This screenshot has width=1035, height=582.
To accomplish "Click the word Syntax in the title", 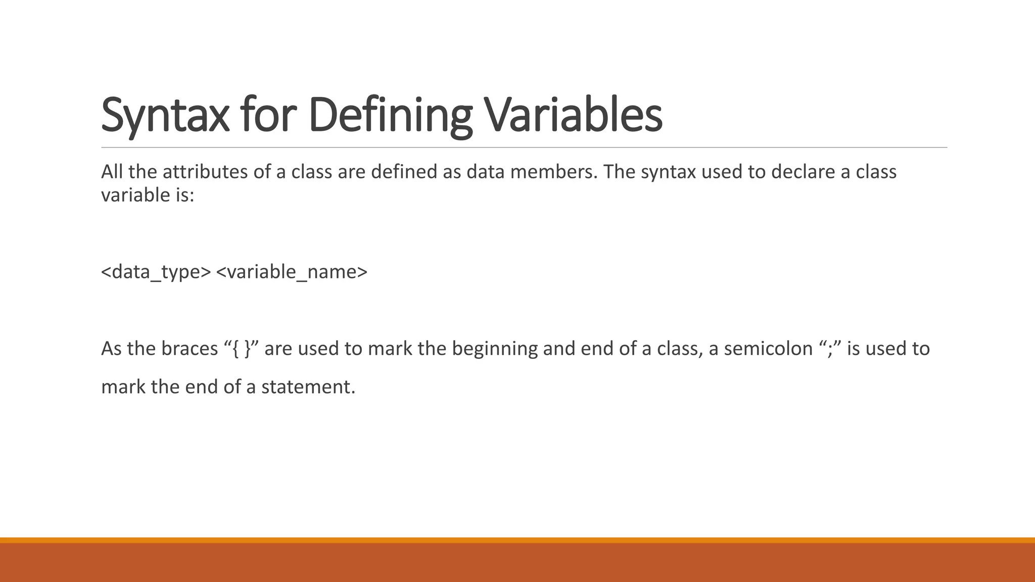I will pyautogui.click(x=165, y=115).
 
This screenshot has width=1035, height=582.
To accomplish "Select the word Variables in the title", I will pyautogui.click(x=573, y=115).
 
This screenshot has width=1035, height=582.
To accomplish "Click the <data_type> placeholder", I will pyautogui.click(x=156, y=272).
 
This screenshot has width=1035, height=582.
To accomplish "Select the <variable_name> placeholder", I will pyautogui.click(x=292, y=272).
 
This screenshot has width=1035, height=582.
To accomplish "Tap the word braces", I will pyautogui.click(x=190, y=349).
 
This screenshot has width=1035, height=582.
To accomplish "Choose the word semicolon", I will pyautogui.click(x=768, y=349).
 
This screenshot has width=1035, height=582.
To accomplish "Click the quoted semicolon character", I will pyautogui.click(x=830, y=349).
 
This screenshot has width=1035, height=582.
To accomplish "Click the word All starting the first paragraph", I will pyautogui.click(x=112, y=172).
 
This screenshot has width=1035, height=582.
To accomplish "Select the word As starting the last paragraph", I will pyautogui.click(x=111, y=349).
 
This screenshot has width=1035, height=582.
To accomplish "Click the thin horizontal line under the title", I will pyautogui.click(x=524, y=148).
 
